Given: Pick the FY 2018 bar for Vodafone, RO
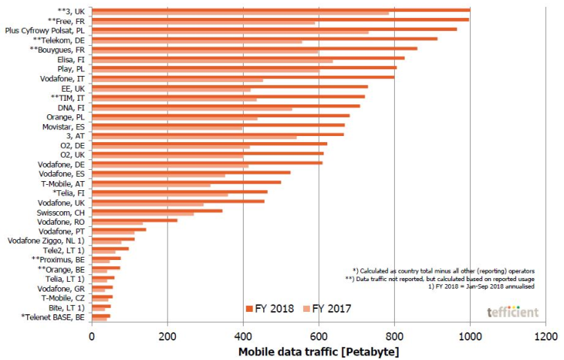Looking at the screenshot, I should pos(135,220).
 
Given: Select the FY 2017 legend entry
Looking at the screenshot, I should pos(330,308).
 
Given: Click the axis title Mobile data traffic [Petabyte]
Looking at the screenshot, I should pos(320,352).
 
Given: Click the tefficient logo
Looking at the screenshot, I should pos(512,310).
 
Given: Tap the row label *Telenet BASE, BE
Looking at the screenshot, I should pos(53,316).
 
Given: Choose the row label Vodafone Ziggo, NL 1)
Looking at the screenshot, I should pos(46,241).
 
